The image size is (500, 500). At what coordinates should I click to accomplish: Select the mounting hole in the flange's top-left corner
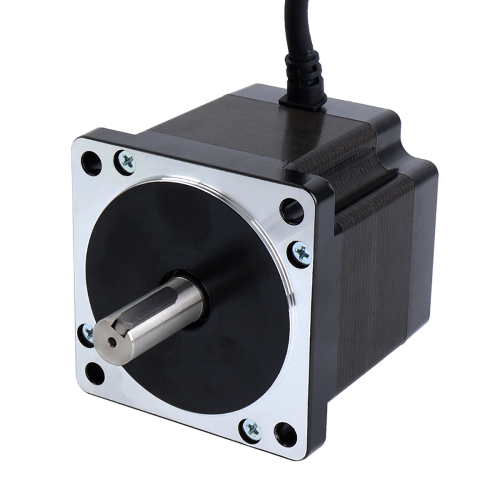point(91,163)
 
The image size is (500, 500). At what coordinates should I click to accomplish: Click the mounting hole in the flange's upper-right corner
point(291,210)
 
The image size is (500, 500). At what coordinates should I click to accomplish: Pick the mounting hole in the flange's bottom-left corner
point(94,374)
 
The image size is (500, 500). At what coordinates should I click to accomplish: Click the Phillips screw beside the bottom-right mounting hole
point(252,429)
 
